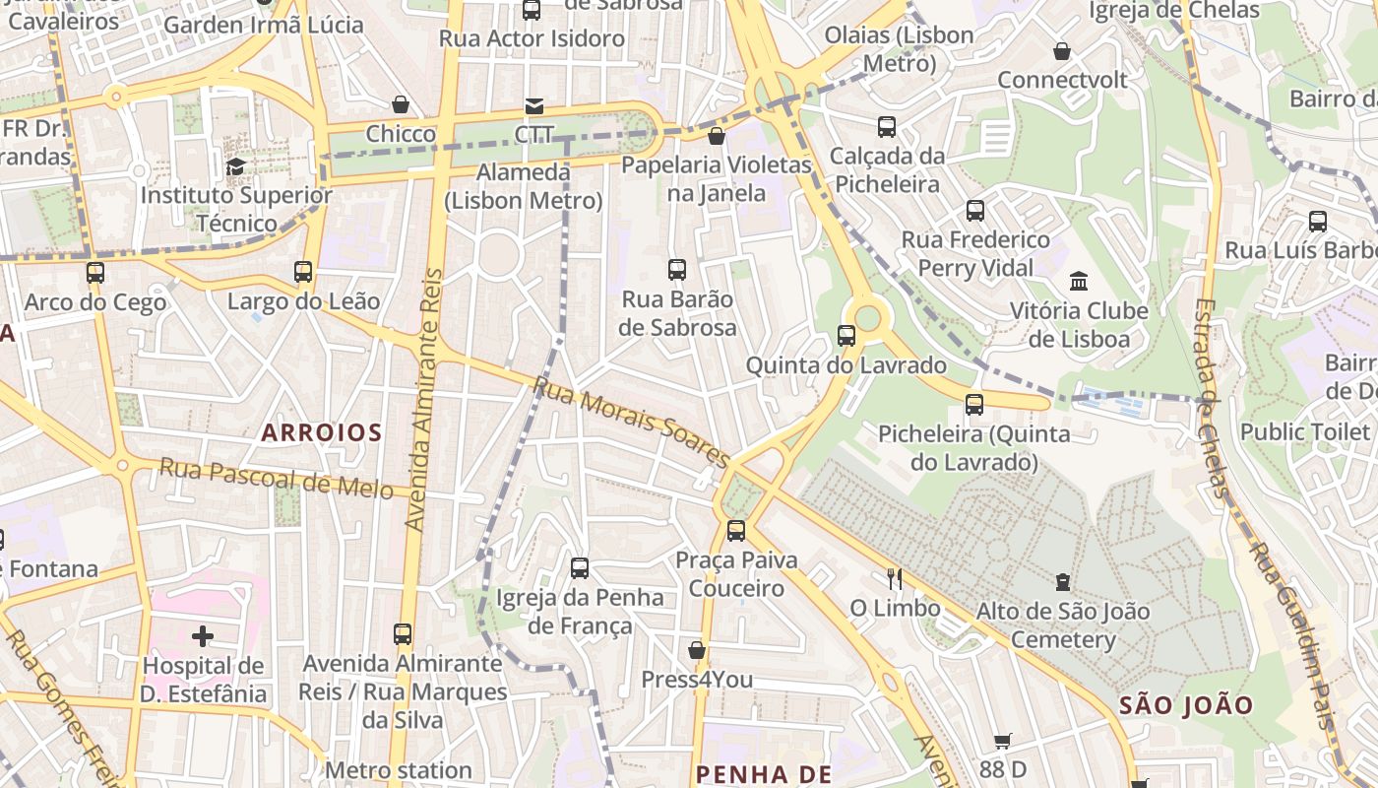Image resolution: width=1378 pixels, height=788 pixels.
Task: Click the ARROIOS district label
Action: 321,432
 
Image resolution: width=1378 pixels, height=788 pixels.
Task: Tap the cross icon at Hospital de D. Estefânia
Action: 203,636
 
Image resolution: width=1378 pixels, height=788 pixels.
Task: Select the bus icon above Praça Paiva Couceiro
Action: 736,531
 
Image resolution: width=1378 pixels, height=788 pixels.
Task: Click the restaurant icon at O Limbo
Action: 895,578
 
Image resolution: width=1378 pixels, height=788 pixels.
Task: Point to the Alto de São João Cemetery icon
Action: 1062,582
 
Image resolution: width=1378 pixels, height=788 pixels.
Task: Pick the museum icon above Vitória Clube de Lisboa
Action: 1078,281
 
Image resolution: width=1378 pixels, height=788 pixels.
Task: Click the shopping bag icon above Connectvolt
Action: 1062,50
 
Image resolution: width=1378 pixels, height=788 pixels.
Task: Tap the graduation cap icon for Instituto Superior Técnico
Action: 234,166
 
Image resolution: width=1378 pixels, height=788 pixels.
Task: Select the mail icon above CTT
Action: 533,105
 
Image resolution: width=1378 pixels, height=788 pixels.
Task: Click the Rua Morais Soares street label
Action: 631,422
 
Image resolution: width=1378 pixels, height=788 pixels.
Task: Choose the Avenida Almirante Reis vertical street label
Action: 424,399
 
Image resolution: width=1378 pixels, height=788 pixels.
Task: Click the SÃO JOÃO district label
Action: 1186,705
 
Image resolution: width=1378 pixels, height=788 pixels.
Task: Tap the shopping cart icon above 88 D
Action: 1002,741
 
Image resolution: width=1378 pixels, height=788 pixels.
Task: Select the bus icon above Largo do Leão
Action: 303,271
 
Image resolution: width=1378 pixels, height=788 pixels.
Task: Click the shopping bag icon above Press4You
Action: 697,650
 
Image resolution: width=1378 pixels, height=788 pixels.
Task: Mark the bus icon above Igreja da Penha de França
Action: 580,567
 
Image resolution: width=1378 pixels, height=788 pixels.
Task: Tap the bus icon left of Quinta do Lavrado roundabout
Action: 846,335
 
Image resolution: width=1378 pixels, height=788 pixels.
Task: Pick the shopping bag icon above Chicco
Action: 401,103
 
